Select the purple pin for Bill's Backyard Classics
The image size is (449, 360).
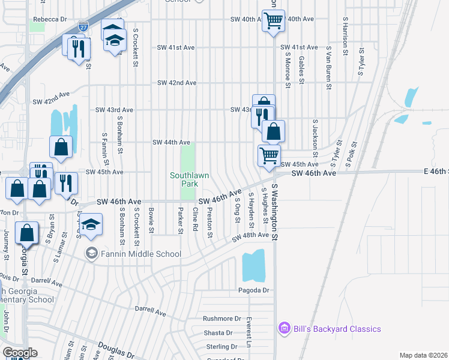pos(285,328)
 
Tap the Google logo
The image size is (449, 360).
pos(20,352)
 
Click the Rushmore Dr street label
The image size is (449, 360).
pos(221,319)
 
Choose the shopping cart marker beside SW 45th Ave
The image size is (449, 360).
pos(269,155)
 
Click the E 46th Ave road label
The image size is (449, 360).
pos(435,172)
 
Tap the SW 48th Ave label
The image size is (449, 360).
pos(251,235)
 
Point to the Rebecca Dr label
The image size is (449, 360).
pos(50,19)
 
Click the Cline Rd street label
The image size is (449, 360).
pos(195,220)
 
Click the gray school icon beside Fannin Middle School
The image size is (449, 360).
pos(91,253)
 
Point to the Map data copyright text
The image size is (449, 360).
pos(423,355)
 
